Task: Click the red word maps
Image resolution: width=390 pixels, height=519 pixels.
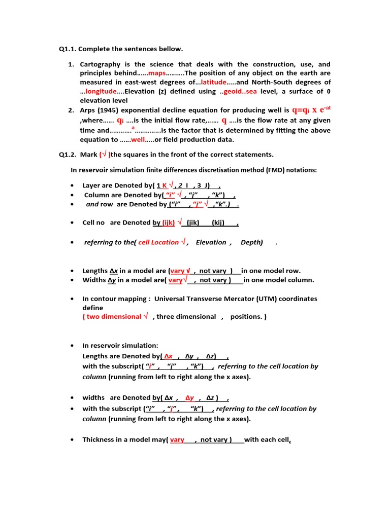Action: [156, 73]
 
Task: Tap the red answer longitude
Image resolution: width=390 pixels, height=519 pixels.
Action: [101, 91]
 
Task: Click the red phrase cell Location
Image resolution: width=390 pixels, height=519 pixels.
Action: [158, 242]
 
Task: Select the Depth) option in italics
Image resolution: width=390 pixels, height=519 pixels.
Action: [252, 242]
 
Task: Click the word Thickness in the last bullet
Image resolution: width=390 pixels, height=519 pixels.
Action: [99, 440]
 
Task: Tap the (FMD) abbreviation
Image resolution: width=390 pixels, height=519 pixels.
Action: [274, 170]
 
